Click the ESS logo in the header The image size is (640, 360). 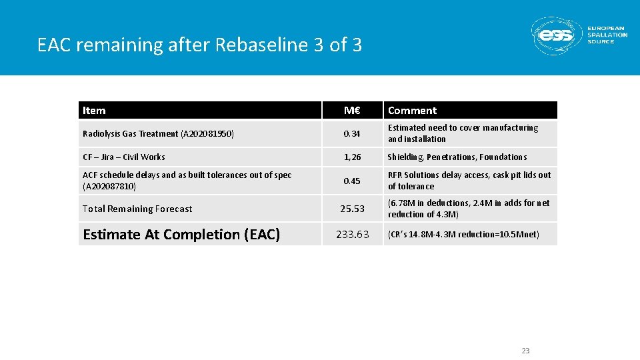(579, 35)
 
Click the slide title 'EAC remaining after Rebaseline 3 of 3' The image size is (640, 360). (200, 45)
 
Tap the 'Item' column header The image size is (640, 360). (94, 111)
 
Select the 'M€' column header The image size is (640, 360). (352, 111)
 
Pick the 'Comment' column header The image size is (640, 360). (412, 111)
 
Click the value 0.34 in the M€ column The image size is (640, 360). (352, 134)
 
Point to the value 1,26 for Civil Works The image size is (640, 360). (352, 157)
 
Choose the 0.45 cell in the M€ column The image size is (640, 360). (352, 181)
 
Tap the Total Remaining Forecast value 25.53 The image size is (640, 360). (352, 209)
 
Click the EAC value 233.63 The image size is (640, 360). (352, 235)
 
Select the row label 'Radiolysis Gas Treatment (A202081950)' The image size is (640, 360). (158, 134)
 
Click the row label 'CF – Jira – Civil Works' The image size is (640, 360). (124, 157)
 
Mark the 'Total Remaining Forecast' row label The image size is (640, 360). (137, 209)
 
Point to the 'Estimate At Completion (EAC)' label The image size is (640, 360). (181, 235)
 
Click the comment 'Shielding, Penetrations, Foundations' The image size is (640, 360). (457, 157)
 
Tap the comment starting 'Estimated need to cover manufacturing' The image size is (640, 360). (463, 133)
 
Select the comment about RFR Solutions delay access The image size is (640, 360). (469, 181)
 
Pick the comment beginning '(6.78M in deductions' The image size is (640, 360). (469, 209)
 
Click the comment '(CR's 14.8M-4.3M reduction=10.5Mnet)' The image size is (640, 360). (463, 235)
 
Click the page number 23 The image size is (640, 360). (525, 351)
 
